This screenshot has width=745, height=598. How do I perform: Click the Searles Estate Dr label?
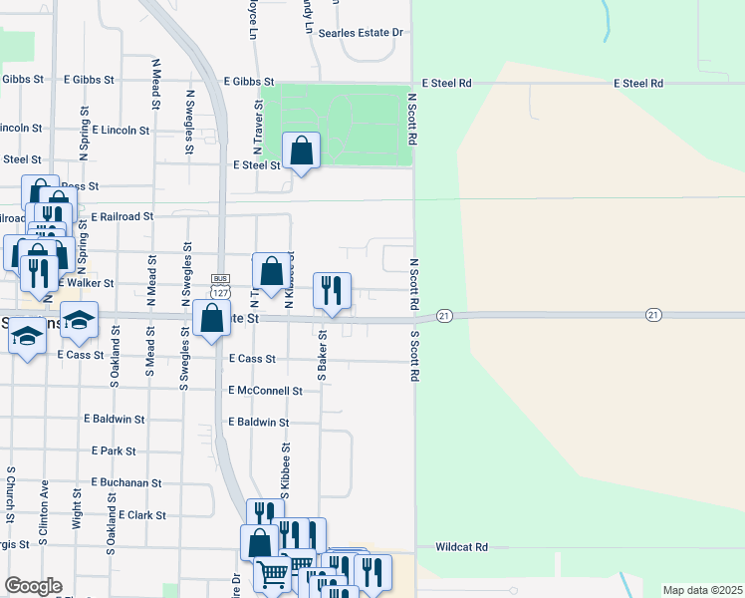(x=360, y=33)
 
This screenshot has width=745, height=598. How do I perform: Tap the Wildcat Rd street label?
(x=461, y=547)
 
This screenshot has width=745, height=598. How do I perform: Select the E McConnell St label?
(x=265, y=391)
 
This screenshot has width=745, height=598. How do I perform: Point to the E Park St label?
(x=113, y=451)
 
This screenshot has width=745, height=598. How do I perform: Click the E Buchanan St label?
(x=125, y=482)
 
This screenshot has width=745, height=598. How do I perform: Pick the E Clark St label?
(x=141, y=515)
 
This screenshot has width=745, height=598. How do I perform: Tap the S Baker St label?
(x=323, y=356)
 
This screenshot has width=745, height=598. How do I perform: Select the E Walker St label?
(x=87, y=283)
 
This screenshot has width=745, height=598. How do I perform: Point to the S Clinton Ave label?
(x=45, y=514)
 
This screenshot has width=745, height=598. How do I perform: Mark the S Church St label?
(x=11, y=493)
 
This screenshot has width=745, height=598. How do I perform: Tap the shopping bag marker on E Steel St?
(x=301, y=151)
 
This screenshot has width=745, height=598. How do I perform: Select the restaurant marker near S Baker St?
(x=332, y=290)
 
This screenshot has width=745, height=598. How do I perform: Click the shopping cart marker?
(x=273, y=574)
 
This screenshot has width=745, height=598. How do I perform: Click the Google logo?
(x=33, y=586)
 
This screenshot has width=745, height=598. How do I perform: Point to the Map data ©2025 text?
(x=701, y=590)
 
